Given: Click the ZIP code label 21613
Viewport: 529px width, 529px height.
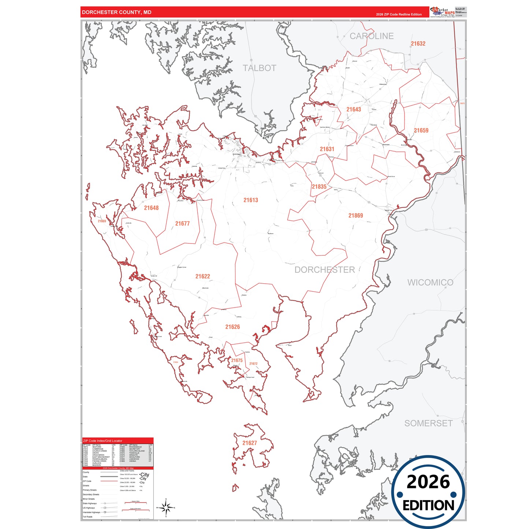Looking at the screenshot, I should pos(251,200).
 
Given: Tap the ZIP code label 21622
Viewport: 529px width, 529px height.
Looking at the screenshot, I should pos(202,276).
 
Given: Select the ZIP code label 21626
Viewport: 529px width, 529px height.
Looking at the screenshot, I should pos(232,327).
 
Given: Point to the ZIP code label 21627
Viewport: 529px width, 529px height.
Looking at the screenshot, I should pos(250,443).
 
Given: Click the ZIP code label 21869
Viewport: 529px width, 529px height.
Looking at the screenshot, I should pos(355,216).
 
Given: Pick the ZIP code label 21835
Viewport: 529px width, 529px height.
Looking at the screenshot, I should pos(319,187).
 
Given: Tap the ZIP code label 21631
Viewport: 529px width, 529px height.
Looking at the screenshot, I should pos(327,149).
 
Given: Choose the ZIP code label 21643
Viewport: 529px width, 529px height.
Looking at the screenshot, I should pos(354,109).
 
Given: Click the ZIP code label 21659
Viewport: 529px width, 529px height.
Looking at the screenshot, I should pos(421,130).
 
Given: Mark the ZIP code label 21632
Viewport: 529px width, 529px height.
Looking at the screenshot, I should pos(418,44).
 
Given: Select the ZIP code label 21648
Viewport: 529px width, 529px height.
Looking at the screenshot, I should pos(151,208).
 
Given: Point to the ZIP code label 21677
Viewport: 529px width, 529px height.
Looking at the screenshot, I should pos(182,224).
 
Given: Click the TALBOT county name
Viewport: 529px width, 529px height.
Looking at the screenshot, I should pos(259,68).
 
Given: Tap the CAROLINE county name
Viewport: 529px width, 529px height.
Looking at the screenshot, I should pos(372,36).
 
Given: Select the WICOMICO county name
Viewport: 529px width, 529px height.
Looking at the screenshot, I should pos(430,283).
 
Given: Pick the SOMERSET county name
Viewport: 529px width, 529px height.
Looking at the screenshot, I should pos(428,423).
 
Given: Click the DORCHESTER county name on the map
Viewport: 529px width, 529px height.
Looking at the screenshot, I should pos(325,270).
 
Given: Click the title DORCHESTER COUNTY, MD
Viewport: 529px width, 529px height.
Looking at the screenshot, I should pos(116,12).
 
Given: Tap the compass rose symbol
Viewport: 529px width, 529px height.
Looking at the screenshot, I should pos(166,508).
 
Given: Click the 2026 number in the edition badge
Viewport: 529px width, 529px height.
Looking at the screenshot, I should pos(428,482).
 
